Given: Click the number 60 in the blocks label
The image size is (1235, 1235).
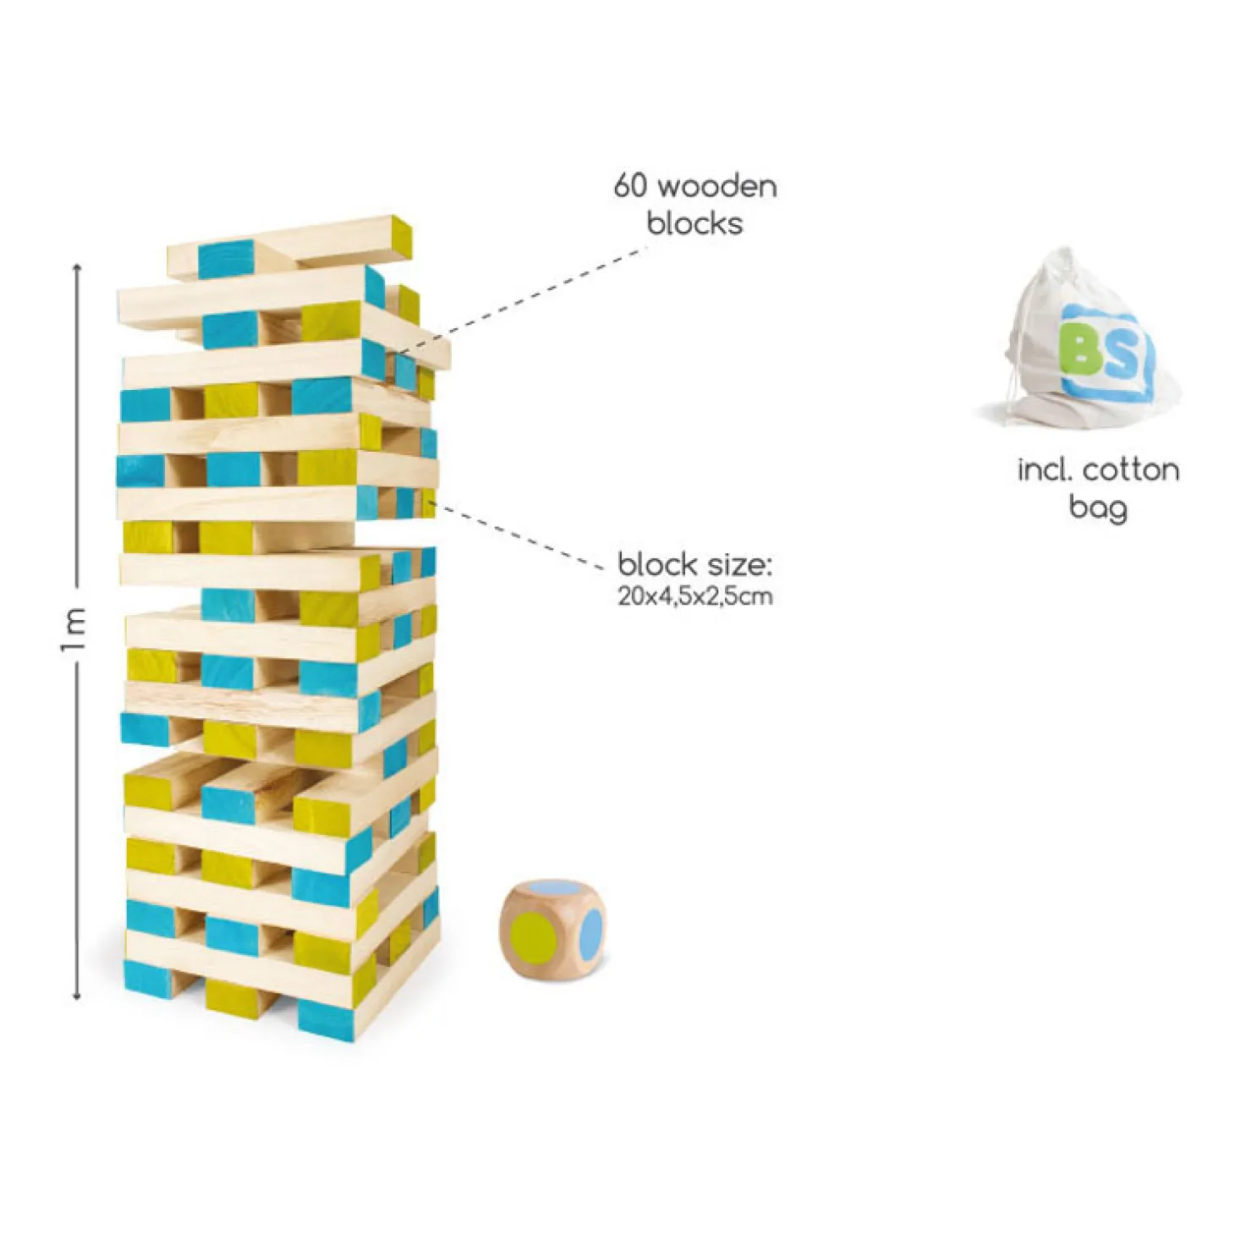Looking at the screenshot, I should click(631, 186).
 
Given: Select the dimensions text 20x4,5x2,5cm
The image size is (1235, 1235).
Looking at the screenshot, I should click(694, 596).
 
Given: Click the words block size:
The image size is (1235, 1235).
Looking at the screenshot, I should click(694, 564).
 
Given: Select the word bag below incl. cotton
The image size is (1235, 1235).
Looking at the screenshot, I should click(1097, 508).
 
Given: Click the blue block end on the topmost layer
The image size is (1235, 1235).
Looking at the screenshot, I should click(226, 259).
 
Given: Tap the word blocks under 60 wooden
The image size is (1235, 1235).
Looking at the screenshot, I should click(694, 223).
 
